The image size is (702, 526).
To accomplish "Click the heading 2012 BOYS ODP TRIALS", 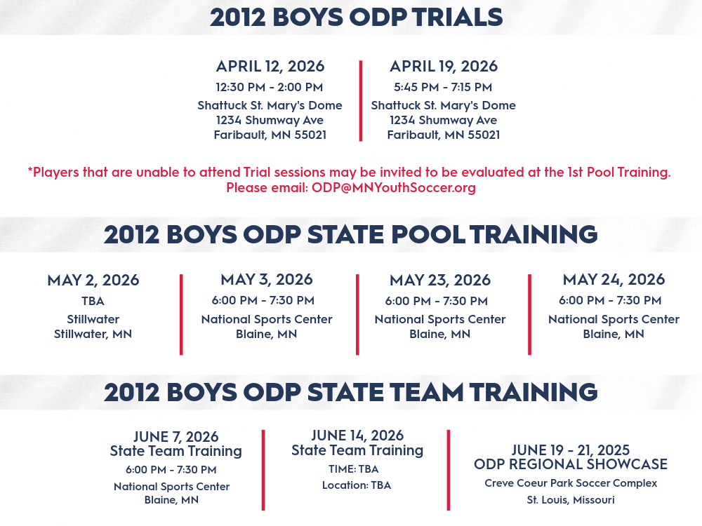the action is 357,17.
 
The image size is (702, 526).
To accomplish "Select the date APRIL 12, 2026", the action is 270,66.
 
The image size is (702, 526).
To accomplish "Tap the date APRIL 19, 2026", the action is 443,66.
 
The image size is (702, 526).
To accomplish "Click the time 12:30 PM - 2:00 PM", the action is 269,87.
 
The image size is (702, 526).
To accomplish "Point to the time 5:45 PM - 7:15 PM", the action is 443,87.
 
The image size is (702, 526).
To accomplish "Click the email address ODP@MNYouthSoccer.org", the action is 394,187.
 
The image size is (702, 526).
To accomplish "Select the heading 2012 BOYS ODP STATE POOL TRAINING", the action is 350,234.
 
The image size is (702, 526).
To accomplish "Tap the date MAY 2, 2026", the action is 93,280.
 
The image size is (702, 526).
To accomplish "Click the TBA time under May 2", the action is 93,301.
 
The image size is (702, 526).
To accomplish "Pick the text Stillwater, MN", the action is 93,334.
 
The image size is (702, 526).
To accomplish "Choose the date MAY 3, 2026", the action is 266,280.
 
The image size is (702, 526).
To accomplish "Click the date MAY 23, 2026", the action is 440,280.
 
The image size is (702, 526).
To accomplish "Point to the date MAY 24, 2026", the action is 614,280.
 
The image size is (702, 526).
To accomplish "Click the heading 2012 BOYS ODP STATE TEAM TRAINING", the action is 350,392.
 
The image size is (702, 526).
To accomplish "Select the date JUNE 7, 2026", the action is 176,436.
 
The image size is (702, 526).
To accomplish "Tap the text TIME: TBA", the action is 353,468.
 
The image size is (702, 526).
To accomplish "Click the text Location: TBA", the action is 357,485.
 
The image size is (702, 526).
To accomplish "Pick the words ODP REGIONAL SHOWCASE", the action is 570,464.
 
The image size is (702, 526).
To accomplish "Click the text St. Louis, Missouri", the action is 570,499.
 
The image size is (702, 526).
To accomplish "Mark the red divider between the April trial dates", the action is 360,101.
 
